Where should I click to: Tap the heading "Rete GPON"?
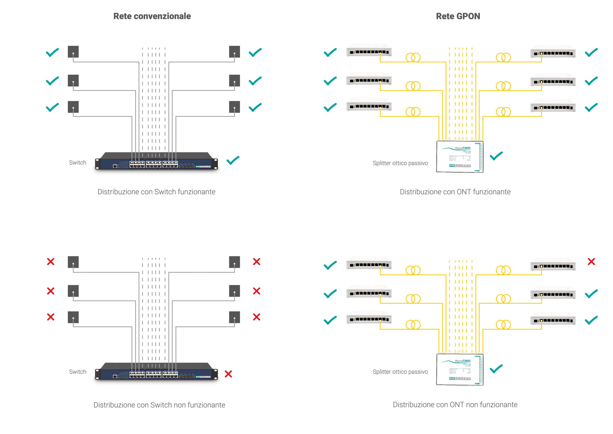[458, 16]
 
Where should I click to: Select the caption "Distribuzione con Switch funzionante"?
[156, 192]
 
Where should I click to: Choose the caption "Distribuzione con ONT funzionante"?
[455, 192]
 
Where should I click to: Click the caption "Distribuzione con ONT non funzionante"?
[455, 405]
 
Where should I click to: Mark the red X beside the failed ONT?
[591, 262]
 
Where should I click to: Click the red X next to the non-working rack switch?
[228, 374]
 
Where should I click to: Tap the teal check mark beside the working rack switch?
[233, 160]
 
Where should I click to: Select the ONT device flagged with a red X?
[553, 265]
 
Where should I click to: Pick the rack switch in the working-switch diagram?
[156, 162]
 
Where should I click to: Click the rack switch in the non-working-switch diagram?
[156, 372]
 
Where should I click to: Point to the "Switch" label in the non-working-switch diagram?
[77, 372]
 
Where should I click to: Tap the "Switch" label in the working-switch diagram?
[77, 162]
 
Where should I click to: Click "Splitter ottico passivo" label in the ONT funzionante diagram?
[400, 163]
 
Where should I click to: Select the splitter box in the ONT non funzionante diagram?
[460, 370]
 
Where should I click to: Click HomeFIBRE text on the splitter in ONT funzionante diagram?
[463, 148]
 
